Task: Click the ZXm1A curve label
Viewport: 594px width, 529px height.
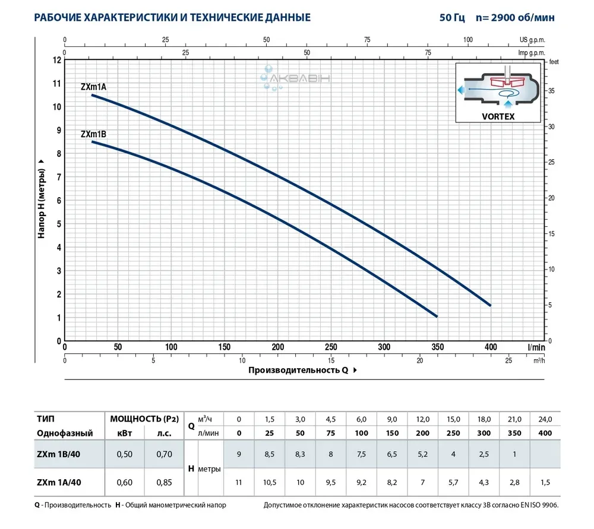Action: [93, 87]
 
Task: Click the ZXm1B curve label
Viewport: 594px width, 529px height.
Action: [93, 134]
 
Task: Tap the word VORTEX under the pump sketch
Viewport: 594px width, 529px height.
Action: [498, 117]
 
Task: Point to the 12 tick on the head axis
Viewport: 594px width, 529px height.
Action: [57, 60]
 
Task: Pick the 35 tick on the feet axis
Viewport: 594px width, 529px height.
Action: [552, 91]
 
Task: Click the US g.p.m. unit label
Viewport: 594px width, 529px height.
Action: [532, 40]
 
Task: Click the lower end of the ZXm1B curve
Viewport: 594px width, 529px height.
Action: [437, 316]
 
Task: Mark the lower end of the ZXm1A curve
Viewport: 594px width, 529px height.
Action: [490, 305]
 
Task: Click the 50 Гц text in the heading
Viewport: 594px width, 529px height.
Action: [453, 18]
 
